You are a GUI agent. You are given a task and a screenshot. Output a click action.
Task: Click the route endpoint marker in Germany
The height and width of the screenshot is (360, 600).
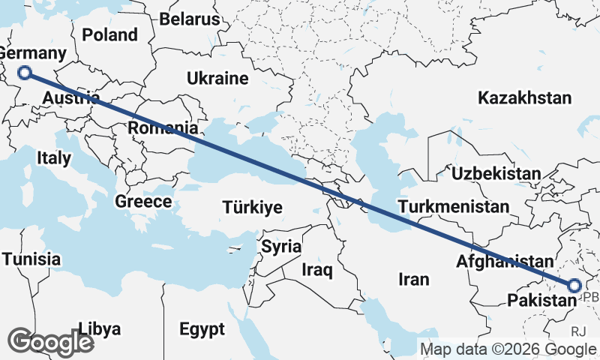click(25, 73)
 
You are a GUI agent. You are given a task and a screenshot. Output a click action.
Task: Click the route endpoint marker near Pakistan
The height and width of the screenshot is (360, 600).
click(574, 285)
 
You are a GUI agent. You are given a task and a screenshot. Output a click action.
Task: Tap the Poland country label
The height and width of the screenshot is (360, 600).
click(110, 34)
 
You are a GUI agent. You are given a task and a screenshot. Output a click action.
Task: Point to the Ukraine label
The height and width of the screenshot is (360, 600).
click(217, 78)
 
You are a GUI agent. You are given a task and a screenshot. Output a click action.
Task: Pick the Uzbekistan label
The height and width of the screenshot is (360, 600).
click(496, 173)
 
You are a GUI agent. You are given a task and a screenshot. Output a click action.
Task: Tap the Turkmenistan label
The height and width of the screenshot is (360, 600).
click(454, 205)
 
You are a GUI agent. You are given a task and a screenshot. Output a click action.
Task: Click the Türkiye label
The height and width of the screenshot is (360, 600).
click(251, 208)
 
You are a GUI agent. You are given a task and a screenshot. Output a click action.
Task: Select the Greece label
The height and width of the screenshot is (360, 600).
click(143, 201)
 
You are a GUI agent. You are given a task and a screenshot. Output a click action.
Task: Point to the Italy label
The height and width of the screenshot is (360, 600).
click(53, 158)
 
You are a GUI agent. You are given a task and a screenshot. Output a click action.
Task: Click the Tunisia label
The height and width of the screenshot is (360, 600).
click(31, 259)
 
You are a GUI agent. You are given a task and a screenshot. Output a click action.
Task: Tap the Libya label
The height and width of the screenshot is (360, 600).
click(99, 328)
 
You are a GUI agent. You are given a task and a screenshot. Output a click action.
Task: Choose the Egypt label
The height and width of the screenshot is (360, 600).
click(202, 328)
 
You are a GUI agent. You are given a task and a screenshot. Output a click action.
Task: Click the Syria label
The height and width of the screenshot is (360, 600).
click(281, 246)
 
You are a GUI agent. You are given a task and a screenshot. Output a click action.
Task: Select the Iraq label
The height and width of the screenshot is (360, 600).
click(316, 268)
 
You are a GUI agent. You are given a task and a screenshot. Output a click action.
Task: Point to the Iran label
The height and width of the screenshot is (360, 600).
click(413, 280)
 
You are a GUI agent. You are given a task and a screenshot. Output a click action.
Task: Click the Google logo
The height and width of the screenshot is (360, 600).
click(50, 341)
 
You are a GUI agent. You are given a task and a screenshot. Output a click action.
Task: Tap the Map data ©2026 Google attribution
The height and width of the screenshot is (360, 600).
click(508, 349)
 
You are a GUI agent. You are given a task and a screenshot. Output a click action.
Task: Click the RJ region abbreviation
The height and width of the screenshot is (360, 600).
click(578, 330)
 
